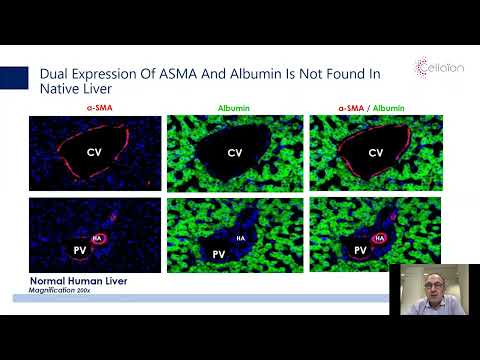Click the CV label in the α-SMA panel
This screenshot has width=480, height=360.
[x=95, y=153]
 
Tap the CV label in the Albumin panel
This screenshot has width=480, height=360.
[x=235, y=153]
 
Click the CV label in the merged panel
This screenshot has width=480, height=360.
[x=376, y=153]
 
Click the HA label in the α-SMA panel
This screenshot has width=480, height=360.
[x=98, y=238]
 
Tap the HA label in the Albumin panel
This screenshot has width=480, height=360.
[x=240, y=237]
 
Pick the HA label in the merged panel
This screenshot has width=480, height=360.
[x=380, y=238]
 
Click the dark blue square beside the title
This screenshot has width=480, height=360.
[x=14, y=78]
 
